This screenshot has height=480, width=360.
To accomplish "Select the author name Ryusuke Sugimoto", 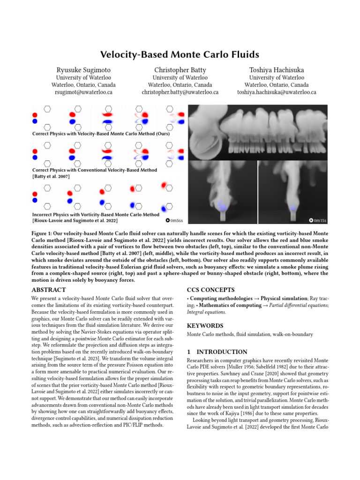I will tap(83, 70).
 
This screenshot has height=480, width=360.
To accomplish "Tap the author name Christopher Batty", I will tap(180, 70).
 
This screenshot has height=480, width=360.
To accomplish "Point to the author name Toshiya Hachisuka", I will tap(277, 70).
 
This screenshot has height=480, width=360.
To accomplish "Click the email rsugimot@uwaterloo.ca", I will tap(83, 93).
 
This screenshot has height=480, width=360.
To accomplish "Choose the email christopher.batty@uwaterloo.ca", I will tap(180, 93).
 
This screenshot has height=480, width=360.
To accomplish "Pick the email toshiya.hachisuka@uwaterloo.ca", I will tap(277, 93).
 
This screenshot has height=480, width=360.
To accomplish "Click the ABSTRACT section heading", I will tap(49, 290).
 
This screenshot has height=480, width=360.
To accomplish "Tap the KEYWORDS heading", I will tap(205, 325).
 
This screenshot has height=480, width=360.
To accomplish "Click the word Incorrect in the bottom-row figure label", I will tap(43, 214).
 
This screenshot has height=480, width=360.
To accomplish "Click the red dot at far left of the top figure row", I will tap(35, 114).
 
